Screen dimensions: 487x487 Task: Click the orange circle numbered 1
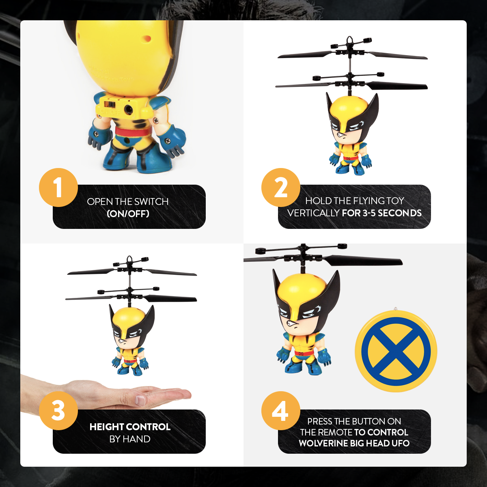58,187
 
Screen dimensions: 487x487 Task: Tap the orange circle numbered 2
281,187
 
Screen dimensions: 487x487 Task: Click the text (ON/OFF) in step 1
128,213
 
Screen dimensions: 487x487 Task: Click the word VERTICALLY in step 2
313,213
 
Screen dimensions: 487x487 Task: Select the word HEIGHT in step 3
107,427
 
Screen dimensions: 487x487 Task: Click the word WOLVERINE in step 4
323,443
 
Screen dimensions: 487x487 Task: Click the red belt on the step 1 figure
132,132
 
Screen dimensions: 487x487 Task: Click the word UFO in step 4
401,443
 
